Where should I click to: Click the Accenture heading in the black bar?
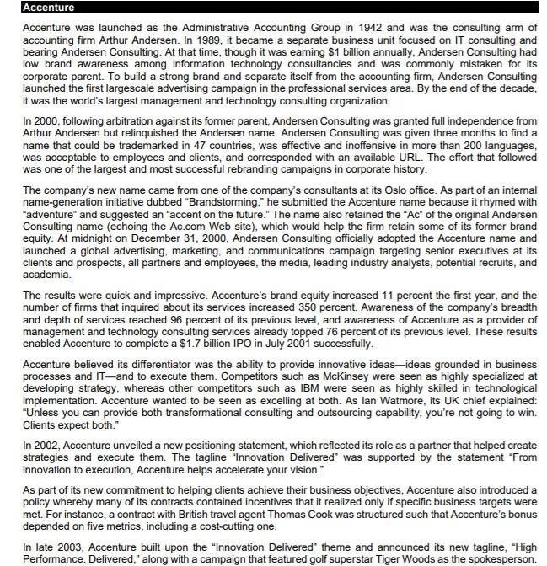pyautogui.click(x=48, y=8)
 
